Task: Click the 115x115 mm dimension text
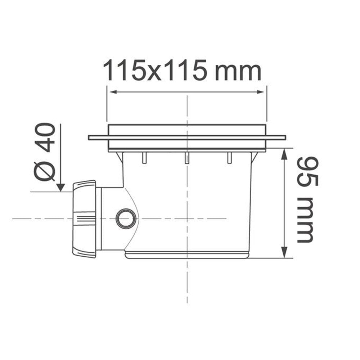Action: [182, 70]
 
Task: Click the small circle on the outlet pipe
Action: [126, 219]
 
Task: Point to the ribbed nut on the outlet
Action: [84, 219]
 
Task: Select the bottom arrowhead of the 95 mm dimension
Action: [284, 253]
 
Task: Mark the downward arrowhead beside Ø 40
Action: [60, 187]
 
